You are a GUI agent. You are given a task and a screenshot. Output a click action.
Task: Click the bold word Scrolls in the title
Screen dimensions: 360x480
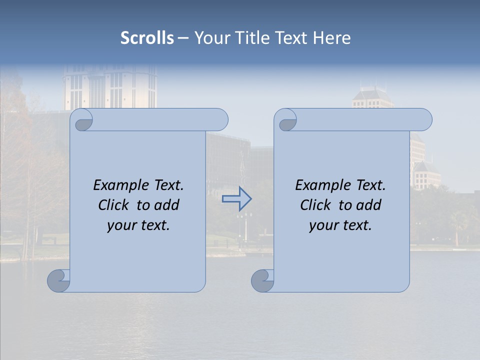pyautogui.click(x=147, y=38)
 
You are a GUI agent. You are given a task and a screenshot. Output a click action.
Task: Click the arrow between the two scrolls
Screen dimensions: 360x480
pyautogui.click(x=236, y=199)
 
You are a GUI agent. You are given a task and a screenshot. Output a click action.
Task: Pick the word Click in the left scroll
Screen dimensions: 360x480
pyautogui.click(x=114, y=205)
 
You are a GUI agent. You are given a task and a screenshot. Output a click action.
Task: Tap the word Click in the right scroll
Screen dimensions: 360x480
pyautogui.click(x=316, y=205)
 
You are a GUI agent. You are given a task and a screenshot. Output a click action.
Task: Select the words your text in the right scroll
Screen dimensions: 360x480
pyautogui.click(x=340, y=225)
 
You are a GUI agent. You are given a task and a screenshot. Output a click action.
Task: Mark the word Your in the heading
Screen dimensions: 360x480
pyautogui.click(x=210, y=38)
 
